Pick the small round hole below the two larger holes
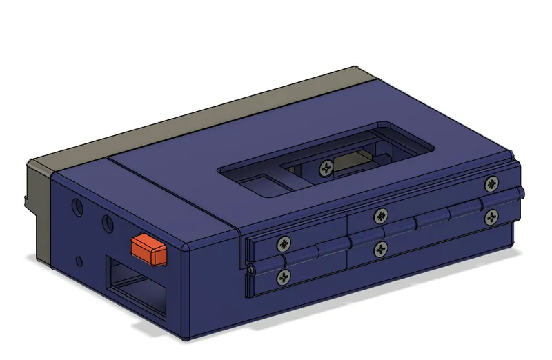[x=80, y=261]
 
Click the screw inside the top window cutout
[x=326, y=166]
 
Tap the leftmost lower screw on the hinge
[x=284, y=278]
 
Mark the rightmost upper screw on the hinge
[x=491, y=183]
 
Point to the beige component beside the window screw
[x=348, y=165]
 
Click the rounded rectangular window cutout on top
[x=324, y=162]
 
